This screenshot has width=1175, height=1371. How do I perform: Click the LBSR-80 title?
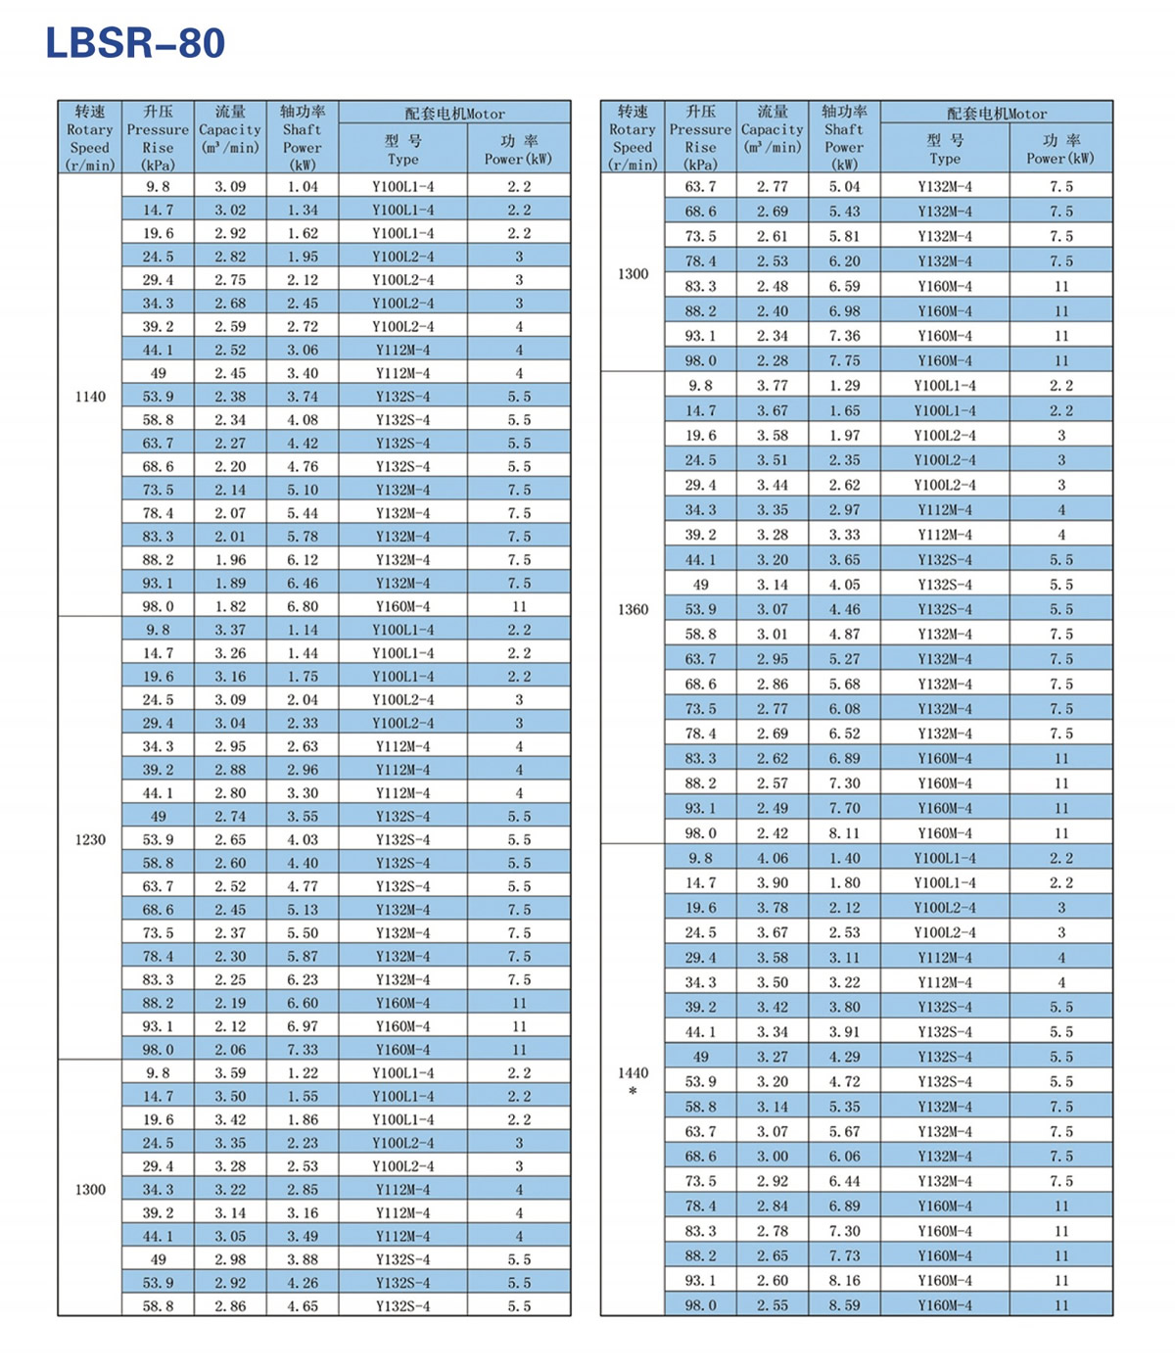(135, 43)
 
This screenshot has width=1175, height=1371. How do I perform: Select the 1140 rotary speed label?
(90, 397)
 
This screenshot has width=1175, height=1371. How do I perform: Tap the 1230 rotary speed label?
(90, 839)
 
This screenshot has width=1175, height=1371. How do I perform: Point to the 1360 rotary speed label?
(633, 609)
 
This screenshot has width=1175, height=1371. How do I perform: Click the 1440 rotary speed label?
(633, 1072)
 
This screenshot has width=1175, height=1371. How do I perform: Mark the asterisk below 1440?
(633, 1091)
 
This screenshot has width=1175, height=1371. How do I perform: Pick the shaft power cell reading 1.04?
(303, 186)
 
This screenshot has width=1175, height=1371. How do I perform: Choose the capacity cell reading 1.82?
(230, 606)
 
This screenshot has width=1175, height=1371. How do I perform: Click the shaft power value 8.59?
(844, 1305)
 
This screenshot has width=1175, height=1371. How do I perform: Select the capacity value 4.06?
(772, 858)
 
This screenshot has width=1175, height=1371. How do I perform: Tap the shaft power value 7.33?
(303, 1050)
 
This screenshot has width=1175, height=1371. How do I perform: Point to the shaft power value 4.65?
(303, 1306)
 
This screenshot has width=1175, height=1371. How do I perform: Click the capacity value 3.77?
(772, 386)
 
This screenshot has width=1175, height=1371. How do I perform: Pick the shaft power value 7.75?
(844, 360)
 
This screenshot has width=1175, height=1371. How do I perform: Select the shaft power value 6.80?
(303, 606)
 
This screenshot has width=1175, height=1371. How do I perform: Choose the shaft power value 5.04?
(844, 186)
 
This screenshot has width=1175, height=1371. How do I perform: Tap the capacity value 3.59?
(230, 1073)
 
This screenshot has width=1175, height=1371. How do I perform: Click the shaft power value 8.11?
(844, 833)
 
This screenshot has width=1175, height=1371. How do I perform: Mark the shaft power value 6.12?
(303, 560)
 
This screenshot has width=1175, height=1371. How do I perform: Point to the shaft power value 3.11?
(844, 958)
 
